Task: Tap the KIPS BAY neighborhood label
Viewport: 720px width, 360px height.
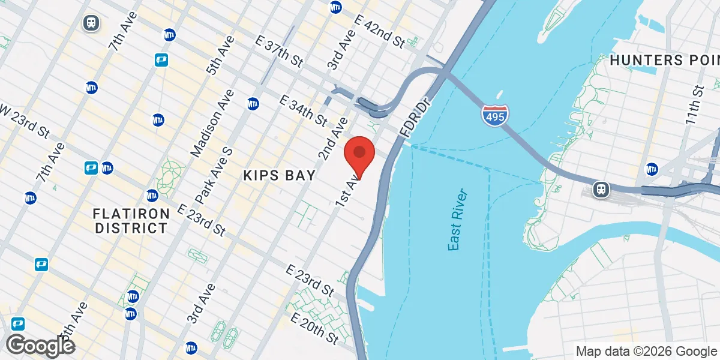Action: pos(279,175)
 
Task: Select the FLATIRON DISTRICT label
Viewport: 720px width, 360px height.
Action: pos(130,221)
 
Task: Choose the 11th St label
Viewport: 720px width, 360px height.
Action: pos(695,106)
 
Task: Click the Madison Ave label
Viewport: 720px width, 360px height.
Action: pos(211,124)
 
